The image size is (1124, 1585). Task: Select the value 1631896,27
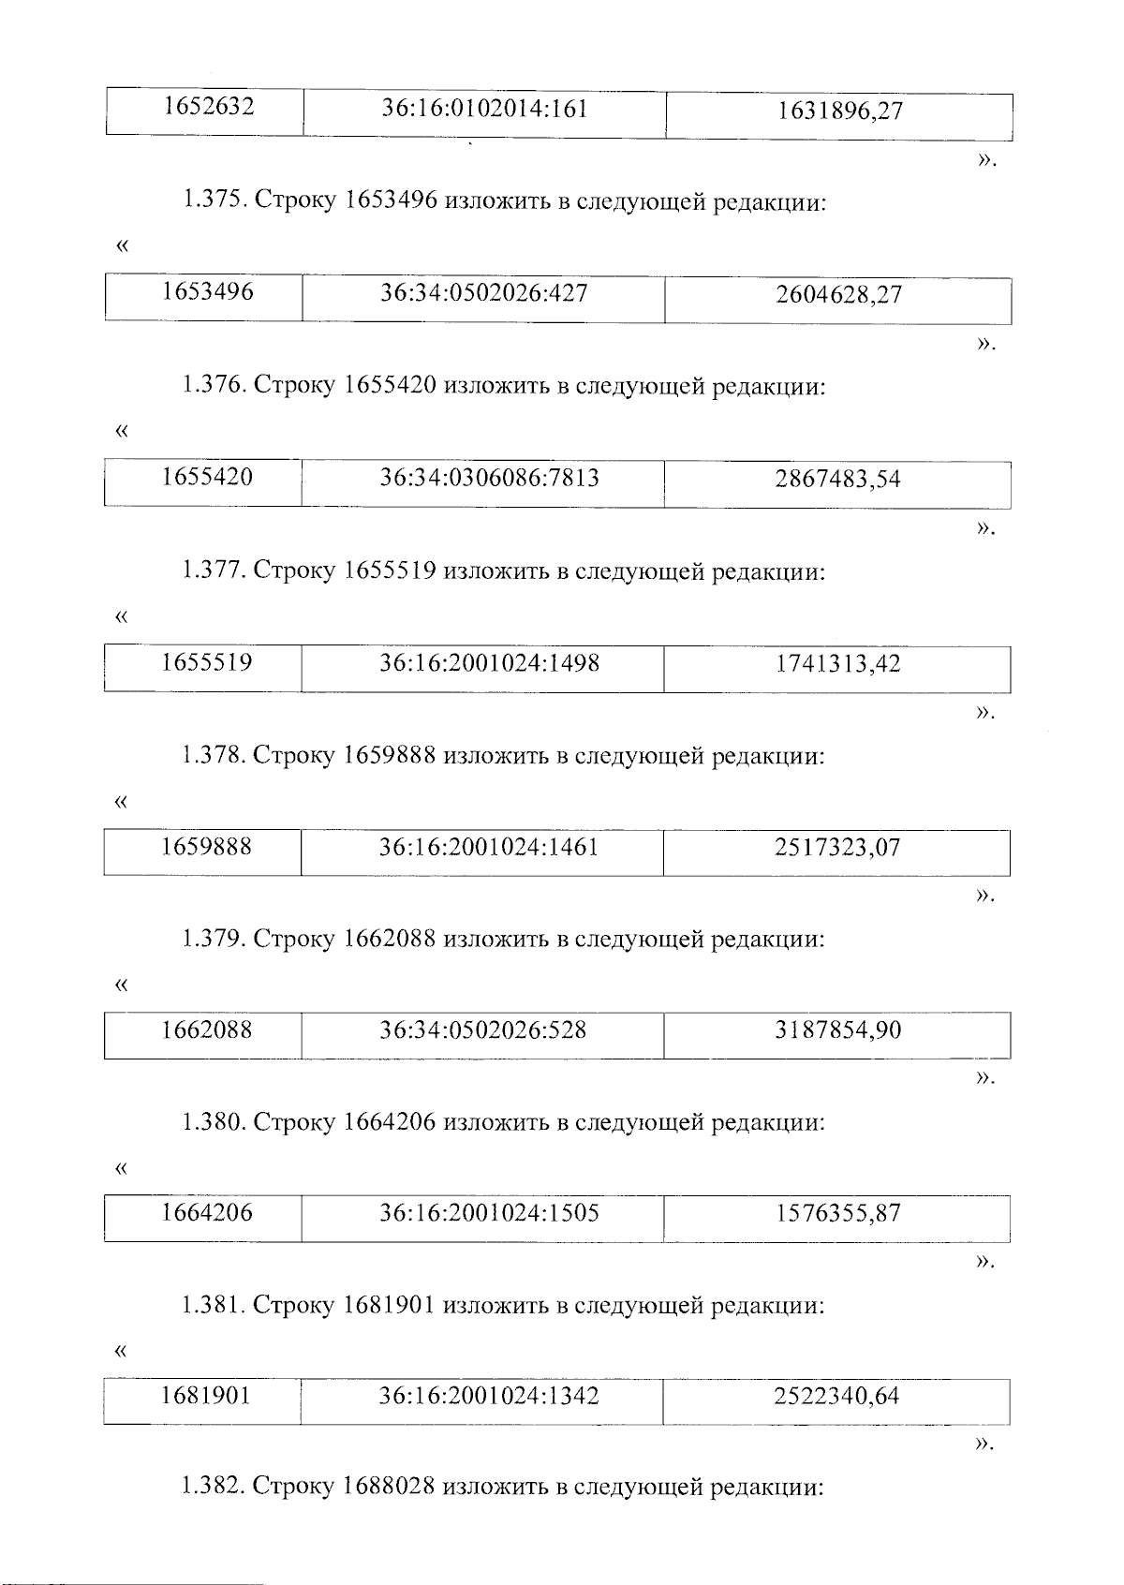tap(839, 111)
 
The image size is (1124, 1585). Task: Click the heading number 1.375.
tap(214, 202)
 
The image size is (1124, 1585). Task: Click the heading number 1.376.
tap(214, 386)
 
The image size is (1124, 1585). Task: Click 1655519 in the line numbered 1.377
tap(391, 570)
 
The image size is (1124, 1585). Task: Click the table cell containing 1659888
tap(206, 848)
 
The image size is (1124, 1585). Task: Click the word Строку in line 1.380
tap(294, 1122)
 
